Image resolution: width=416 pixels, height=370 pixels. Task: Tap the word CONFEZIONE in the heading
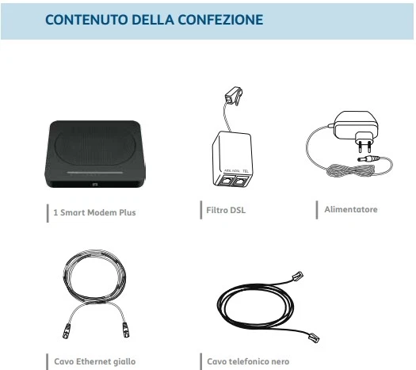click(x=220, y=20)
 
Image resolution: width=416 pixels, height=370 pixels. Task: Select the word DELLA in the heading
click(x=153, y=20)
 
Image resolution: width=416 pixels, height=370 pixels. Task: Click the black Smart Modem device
click(x=95, y=154)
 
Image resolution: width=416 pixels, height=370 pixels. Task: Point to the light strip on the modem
click(x=95, y=173)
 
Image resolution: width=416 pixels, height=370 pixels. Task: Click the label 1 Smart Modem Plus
click(x=94, y=212)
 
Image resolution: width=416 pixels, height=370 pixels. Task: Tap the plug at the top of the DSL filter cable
click(x=234, y=96)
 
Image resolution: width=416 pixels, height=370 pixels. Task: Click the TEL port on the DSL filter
click(x=241, y=181)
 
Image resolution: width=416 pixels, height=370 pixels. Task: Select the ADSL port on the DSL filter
click(x=225, y=180)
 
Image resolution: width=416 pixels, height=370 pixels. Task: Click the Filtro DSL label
click(x=226, y=210)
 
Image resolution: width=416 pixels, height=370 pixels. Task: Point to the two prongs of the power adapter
click(x=364, y=147)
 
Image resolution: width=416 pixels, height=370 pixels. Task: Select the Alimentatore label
click(x=351, y=209)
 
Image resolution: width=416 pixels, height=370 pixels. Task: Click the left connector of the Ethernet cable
click(x=67, y=331)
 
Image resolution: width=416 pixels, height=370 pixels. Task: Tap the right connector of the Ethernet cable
click(x=126, y=330)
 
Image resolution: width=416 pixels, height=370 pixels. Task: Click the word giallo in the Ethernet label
click(x=124, y=362)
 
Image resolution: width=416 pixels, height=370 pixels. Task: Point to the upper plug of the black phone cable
click(x=298, y=276)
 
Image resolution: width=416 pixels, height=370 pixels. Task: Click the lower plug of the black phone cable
click(x=314, y=338)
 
